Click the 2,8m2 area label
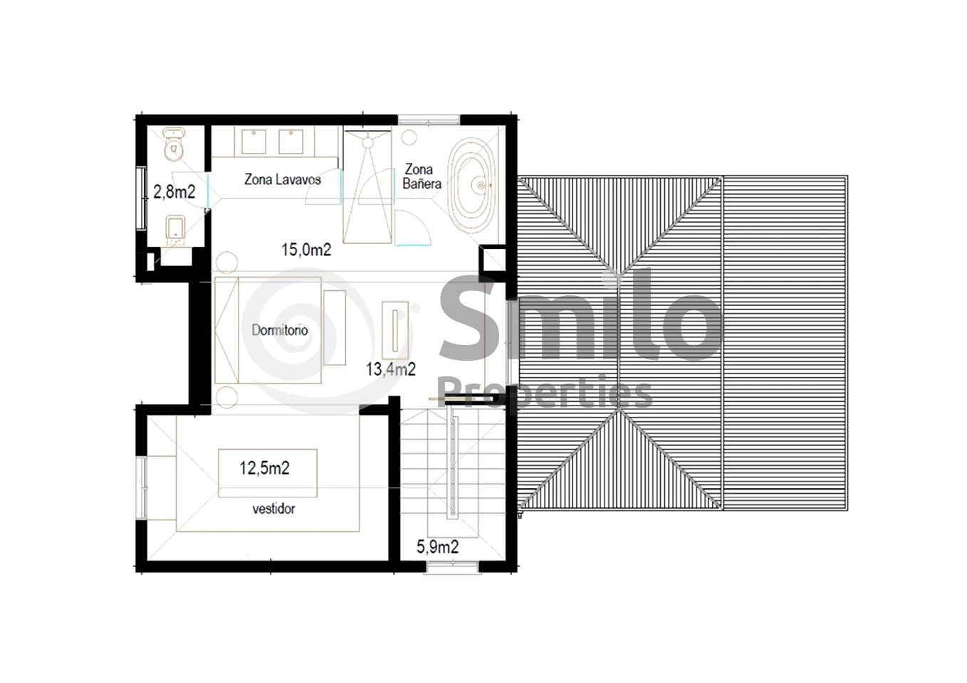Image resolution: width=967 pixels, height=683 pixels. coord(174,192)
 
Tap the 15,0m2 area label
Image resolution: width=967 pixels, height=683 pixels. coord(306,250)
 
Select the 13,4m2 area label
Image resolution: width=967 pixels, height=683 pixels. coord(391,369)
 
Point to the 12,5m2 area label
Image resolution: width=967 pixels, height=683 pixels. coord(264,468)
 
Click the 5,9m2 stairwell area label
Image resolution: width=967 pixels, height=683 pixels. coord(437,547)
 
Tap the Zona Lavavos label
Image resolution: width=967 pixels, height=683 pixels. coord(282,179)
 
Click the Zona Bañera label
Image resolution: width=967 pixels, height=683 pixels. coord(422,176)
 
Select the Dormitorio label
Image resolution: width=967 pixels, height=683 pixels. coord(280,330)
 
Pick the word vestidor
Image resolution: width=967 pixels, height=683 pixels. coord(273,509)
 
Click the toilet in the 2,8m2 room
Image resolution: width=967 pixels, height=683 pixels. coord(174,144)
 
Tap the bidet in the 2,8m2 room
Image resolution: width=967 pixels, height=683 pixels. coord(175,230)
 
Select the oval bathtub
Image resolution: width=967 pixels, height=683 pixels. coord(471,186)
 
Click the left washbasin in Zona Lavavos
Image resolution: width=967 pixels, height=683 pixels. coord(253,142)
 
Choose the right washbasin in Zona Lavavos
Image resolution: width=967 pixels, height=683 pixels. coord(291,142)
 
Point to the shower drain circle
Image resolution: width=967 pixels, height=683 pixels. coord(368,143)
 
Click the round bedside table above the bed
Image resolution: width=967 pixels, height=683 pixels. coord(226,262)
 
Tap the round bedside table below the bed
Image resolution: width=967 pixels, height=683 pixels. coord(226,397)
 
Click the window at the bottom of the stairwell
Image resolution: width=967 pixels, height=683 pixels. coord(452,567)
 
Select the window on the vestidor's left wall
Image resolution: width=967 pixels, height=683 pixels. coord(142,487)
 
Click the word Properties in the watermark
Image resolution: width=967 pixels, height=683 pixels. coord(545,393)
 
